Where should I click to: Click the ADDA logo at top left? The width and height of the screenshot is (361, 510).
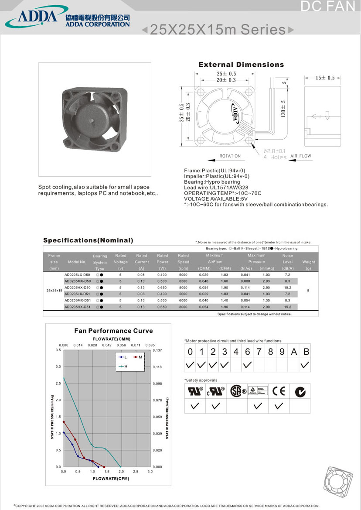37,17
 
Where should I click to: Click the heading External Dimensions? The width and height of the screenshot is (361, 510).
241,65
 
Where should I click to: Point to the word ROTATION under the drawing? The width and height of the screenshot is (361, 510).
230,156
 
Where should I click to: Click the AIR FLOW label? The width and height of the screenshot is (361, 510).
301,156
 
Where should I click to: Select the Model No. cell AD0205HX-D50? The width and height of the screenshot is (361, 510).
77,288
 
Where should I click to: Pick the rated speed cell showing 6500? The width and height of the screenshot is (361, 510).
183,281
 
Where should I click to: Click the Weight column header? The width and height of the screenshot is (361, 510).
308,262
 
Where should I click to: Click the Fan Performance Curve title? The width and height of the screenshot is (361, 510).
113,331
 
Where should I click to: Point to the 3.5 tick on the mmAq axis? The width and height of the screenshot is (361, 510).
58,350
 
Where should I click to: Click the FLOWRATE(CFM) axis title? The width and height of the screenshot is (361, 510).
111,479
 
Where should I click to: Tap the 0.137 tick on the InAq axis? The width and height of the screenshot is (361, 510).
157,350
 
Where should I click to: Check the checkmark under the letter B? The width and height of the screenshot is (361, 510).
305,365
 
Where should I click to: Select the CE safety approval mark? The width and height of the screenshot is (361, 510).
279,391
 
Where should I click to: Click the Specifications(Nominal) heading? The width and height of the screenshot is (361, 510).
88,240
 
